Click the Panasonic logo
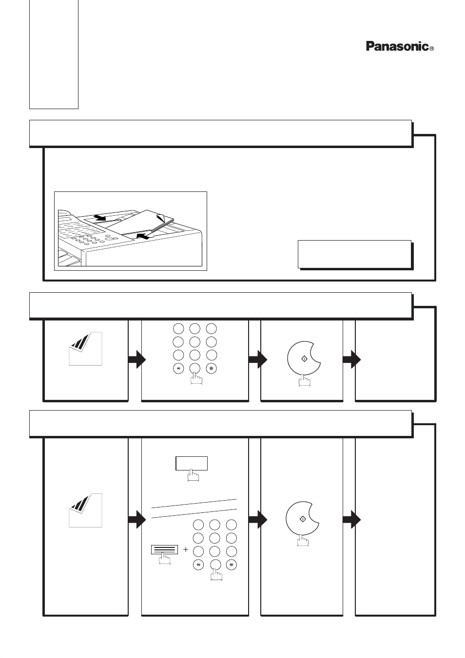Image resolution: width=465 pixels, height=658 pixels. tap(397, 46)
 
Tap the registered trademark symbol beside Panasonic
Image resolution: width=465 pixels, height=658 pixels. tap(431, 49)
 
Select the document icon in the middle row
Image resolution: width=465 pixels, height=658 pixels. tap(85, 349)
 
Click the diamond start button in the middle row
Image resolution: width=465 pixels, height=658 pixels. tap(304, 359)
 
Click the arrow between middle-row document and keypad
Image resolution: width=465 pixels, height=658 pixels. tap(137, 359)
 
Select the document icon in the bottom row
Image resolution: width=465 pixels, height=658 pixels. tap(85, 510)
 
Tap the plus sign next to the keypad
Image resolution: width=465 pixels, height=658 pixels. tap(186, 549)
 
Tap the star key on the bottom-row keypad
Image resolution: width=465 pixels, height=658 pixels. tap(198, 565)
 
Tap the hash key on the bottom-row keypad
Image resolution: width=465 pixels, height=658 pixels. tap(232, 565)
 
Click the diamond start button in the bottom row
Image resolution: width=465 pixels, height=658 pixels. tap(302, 519)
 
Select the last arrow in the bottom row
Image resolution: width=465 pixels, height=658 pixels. tap(351, 520)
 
